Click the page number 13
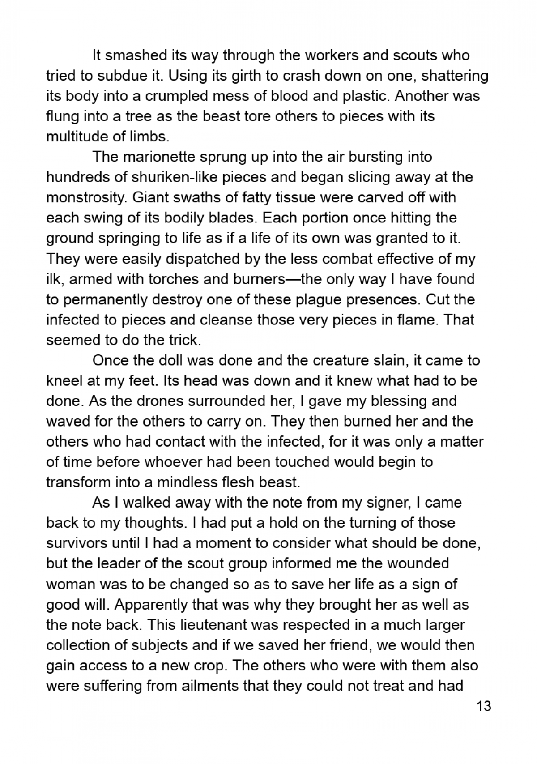[x=484, y=707]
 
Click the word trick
[x=181, y=340]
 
